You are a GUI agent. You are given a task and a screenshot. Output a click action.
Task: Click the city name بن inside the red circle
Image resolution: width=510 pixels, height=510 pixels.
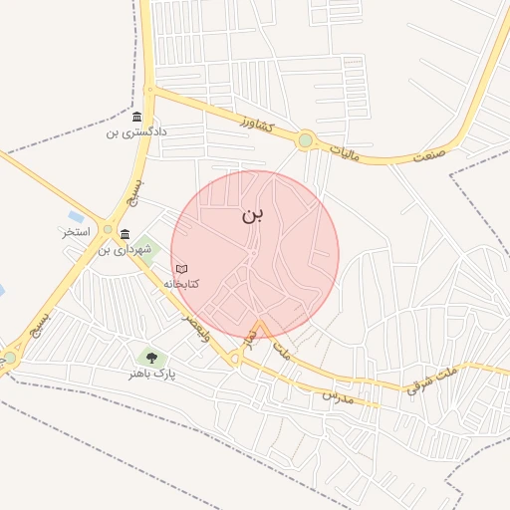tap(253, 213)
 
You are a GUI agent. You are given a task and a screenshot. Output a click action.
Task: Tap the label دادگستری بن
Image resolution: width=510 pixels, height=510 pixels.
tap(138, 131)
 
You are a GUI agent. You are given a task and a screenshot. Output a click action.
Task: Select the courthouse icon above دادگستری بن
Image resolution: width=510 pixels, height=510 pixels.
tap(136, 118)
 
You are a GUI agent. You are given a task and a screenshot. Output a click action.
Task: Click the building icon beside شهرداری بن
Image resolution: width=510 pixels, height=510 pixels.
tap(125, 235)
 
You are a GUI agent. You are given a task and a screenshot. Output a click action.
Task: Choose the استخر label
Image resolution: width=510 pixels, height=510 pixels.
tap(76, 231)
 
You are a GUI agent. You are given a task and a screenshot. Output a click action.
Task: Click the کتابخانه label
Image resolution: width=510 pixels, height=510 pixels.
tap(181, 283)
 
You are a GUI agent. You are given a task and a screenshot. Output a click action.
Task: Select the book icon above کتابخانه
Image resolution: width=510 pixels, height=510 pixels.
tap(181, 269)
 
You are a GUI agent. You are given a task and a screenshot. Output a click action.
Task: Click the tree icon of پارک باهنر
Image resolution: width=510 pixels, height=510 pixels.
tap(151, 358)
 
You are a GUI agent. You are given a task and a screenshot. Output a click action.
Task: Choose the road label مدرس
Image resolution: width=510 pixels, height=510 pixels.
tap(338, 395)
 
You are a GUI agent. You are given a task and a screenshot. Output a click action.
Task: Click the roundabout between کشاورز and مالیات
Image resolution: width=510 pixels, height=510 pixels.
tap(305, 140)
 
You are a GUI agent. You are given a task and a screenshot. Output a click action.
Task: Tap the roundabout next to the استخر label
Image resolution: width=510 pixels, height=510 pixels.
tap(108, 225)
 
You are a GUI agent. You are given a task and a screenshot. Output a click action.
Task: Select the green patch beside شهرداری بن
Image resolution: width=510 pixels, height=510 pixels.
tap(147, 245)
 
